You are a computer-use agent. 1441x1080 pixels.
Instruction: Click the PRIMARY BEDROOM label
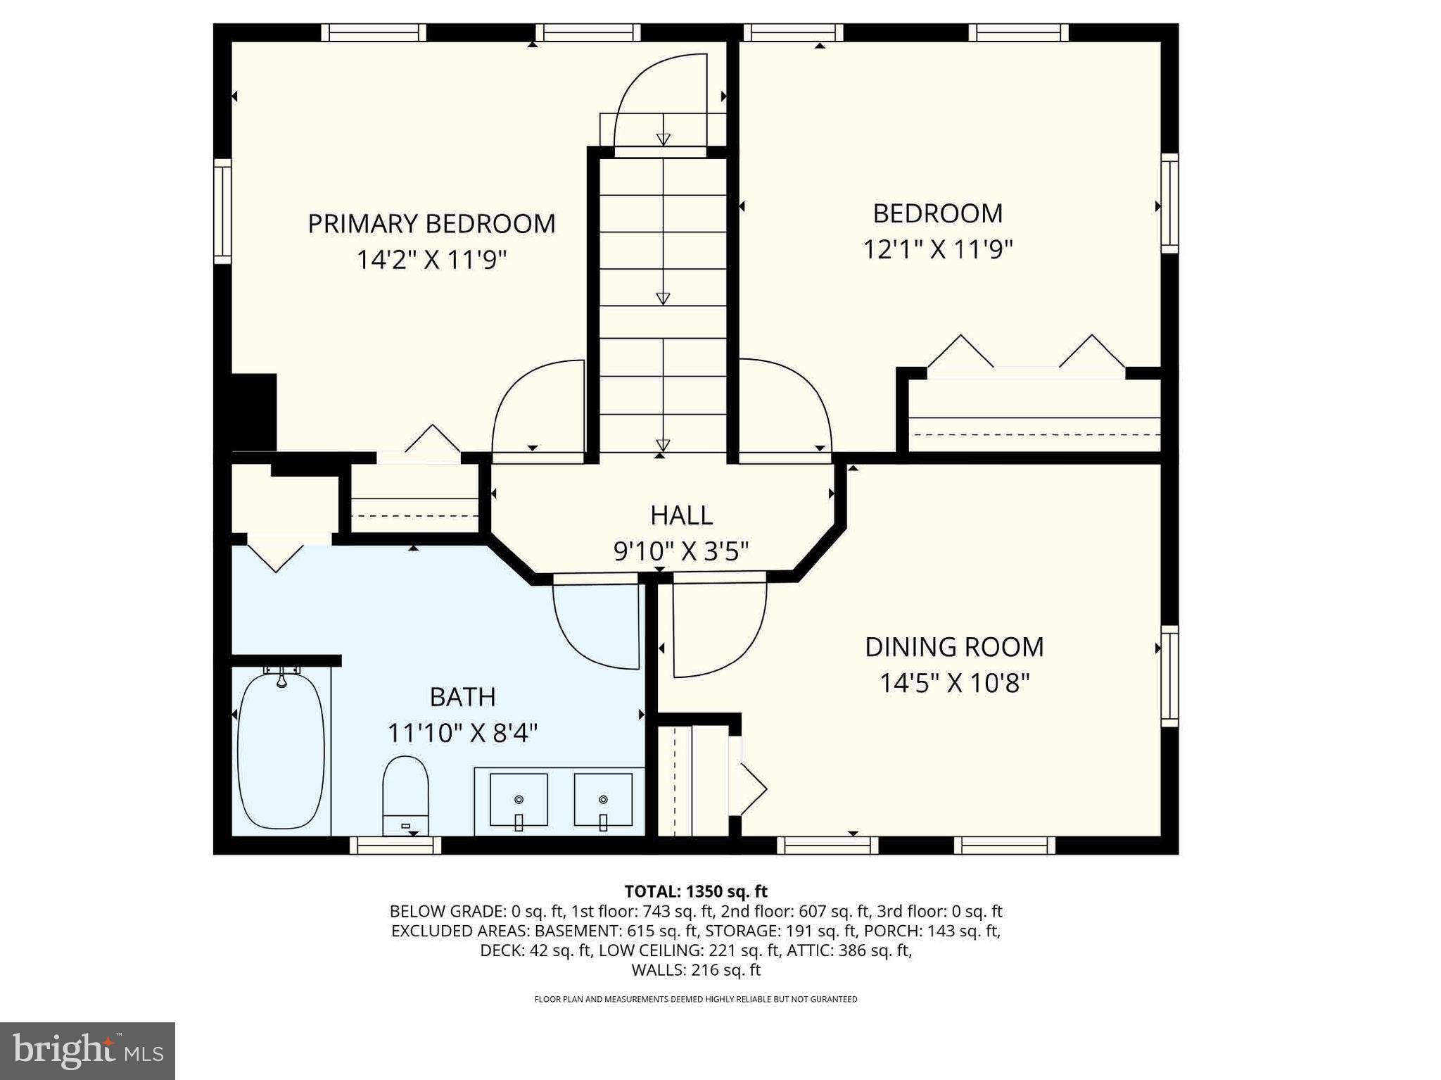click(x=431, y=224)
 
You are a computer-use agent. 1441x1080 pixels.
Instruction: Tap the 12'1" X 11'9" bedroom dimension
click(x=937, y=249)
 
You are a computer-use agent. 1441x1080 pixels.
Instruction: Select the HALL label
click(x=681, y=515)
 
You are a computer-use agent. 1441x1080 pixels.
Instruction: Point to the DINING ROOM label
click(x=953, y=647)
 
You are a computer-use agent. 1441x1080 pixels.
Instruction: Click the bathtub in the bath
click(x=281, y=751)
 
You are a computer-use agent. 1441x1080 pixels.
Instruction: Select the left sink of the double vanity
click(x=519, y=800)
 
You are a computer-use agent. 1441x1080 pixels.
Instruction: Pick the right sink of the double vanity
click(x=603, y=800)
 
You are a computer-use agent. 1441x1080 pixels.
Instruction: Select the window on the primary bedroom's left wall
click(x=222, y=211)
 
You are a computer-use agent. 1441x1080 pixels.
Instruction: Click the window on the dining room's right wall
click(x=1169, y=676)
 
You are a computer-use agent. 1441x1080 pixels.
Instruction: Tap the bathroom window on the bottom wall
click(x=395, y=845)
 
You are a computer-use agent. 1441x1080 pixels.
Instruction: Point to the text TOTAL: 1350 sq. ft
click(x=695, y=891)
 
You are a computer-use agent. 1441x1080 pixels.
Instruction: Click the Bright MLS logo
click(x=87, y=1051)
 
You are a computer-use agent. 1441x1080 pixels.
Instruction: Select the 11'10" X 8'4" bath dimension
click(x=462, y=734)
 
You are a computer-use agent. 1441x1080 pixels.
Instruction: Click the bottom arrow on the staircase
click(x=662, y=445)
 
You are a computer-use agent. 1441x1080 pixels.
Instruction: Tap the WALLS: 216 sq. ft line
click(x=695, y=970)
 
